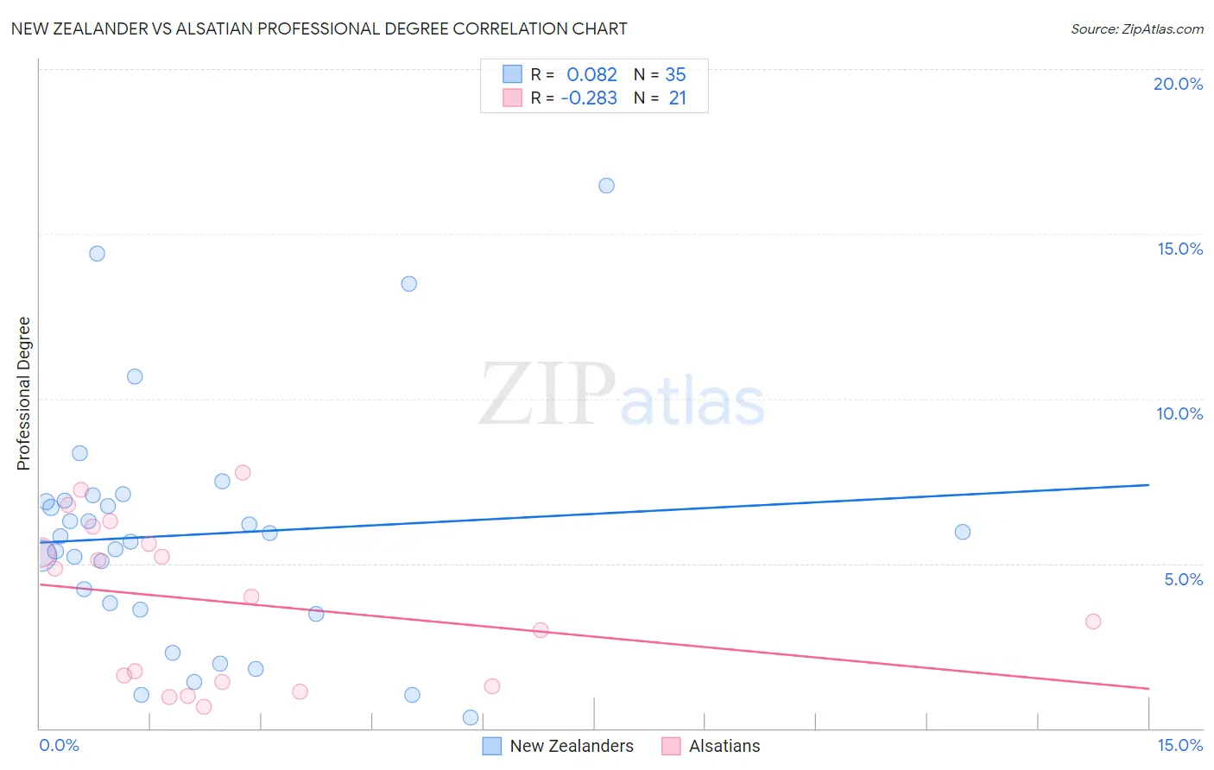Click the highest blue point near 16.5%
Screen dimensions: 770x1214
click(x=606, y=186)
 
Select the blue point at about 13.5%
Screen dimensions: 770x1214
click(x=409, y=284)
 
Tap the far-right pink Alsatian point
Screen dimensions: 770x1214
click(x=1093, y=622)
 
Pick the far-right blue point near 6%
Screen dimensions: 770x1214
click(x=963, y=532)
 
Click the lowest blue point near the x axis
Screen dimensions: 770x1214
click(x=471, y=717)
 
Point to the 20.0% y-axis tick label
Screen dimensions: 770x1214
click(x=1178, y=84)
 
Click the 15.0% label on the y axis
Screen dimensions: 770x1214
click(x=1179, y=249)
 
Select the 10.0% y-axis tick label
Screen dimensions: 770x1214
click(x=1179, y=413)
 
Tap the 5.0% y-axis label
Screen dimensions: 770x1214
click(x=1183, y=579)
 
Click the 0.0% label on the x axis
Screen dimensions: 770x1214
click(x=59, y=745)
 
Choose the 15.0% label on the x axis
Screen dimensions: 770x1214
click(x=1179, y=745)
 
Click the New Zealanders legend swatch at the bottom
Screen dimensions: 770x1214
click(x=491, y=746)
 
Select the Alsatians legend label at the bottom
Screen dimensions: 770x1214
click(x=724, y=746)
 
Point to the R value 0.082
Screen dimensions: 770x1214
click(x=591, y=75)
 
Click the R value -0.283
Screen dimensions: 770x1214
click(x=589, y=98)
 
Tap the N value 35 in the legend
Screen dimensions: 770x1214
click(x=675, y=75)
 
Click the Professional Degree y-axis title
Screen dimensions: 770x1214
click(x=23, y=394)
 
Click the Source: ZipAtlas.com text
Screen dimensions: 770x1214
click(x=1136, y=28)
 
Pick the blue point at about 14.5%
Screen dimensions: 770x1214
click(x=97, y=254)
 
